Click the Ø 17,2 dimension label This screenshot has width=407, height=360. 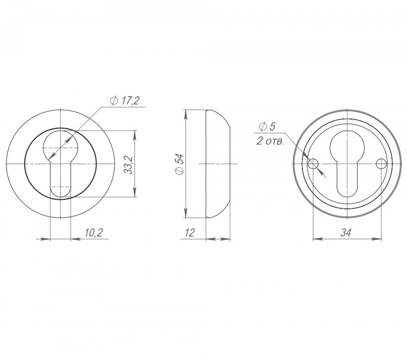click(125, 101)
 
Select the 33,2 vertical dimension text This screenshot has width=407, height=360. click(129, 165)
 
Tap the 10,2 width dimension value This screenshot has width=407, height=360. click(94, 233)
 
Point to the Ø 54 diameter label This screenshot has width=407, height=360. click(180, 164)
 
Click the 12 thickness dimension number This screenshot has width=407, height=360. click(190, 233)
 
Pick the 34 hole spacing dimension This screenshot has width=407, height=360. click(346, 233)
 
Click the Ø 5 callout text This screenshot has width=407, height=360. click(267, 127)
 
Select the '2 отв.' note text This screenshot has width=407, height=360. click(270, 141)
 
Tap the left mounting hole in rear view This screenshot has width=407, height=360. click(313, 164)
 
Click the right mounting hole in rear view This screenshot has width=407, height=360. click(381, 164)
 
